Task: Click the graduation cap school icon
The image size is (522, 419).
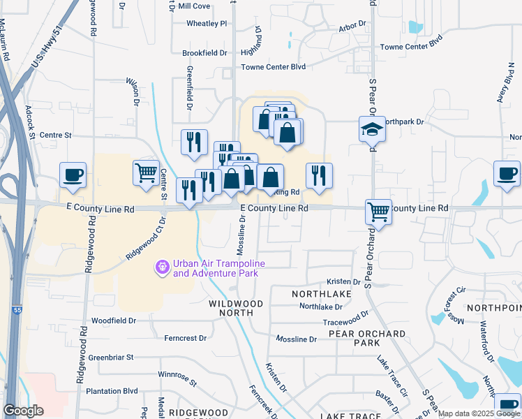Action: click(x=373, y=129)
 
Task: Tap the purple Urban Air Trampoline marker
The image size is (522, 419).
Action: click(x=163, y=267)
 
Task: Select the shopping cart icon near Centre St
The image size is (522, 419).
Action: click(x=146, y=172)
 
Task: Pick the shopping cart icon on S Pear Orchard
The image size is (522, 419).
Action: click(x=378, y=211)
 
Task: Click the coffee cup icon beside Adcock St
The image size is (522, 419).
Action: click(x=73, y=175)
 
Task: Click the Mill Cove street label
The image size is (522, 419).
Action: click(x=194, y=6)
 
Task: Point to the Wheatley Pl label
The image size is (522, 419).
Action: click(x=207, y=23)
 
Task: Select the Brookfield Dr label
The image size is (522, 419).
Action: click(x=204, y=53)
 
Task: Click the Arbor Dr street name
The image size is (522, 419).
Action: click(x=352, y=27)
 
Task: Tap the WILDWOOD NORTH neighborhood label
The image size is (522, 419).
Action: click(x=237, y=309)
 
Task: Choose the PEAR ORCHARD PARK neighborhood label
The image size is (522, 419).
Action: click(x=357, y=339)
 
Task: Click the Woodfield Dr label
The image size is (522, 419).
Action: click(x=114, y=321)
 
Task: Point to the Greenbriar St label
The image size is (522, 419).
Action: click(x=111, y=357)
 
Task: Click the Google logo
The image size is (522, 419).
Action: click(x=23, y=411)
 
